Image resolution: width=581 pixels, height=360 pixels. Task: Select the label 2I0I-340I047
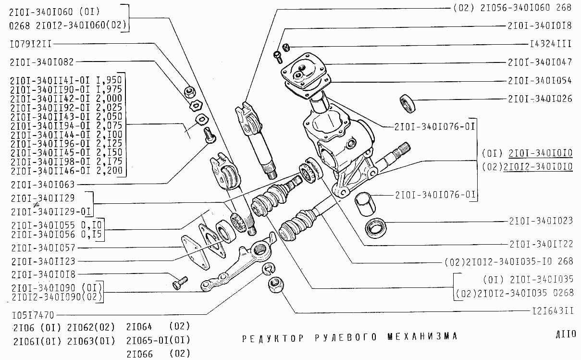540,62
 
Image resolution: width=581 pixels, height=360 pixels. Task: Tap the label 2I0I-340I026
540,99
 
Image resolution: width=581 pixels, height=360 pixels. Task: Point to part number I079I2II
30,44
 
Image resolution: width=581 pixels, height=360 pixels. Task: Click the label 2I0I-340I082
41,62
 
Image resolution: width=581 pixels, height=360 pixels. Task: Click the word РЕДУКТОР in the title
273,337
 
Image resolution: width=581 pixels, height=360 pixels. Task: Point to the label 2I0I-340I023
541,221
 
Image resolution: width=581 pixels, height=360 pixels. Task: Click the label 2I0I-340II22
541,244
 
